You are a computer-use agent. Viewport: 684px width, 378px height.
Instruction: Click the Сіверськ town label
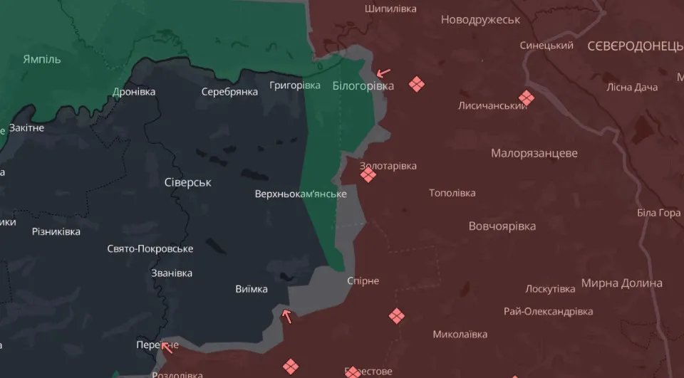[188, 182]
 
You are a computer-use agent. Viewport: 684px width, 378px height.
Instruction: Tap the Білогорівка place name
[363, 86]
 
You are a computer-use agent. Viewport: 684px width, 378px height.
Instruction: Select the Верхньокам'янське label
[301, 194]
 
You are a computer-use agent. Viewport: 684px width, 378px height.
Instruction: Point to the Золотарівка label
[388, 166]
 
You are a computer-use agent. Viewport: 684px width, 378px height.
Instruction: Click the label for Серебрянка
[229, 92]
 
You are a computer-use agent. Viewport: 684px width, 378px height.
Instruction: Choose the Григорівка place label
[295, 85]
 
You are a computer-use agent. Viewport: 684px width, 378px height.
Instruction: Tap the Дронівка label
[134, 92]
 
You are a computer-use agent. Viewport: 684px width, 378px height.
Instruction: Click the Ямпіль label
[42, 59]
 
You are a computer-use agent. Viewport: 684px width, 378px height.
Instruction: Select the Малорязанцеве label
[534, 153]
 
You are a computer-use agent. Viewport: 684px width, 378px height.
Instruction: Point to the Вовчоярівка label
[502, 226]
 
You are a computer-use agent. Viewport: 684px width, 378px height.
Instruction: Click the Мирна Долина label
[621, 283]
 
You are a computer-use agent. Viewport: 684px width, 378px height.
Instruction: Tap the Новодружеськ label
[480, 19]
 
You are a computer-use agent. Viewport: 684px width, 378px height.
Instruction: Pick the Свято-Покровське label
[150, 248]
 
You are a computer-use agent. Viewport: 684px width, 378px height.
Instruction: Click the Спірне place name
[363, 280]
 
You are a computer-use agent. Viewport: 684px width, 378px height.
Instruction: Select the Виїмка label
[252, 289]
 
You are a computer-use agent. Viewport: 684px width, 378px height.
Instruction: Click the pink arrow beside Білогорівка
[383, 73]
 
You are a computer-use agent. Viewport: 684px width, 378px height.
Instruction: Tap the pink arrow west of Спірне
[287, 316]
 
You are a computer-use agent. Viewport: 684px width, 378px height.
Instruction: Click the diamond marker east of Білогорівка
[417, 84]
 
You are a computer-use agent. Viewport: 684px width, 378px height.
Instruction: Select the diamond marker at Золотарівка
[368, 174]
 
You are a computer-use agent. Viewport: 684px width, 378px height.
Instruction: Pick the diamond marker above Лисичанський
[527, 98]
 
